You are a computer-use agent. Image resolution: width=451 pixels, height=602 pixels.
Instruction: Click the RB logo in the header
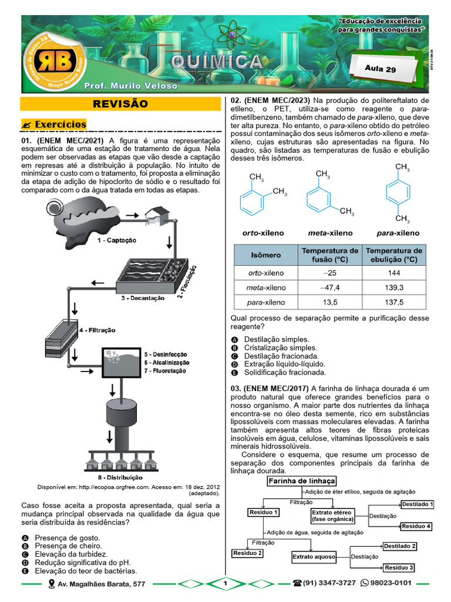coord(53,61)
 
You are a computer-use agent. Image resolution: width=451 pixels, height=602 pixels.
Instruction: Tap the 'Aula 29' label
coord(381,68)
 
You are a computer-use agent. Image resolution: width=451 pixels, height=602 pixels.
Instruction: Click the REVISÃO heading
coord(120,104)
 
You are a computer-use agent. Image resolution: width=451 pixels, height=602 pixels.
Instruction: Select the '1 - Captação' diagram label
coord(116,240)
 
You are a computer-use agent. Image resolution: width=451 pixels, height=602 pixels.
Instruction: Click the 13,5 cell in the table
coord(327,302)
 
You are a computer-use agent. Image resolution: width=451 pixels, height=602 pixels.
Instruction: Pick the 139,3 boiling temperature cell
coord(393,287)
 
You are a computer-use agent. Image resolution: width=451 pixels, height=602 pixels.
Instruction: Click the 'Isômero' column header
coord(266,255)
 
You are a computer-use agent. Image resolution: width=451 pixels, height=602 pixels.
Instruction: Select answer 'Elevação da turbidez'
coord(70,554)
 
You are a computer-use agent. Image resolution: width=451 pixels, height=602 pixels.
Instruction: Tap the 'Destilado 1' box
coord(417,504)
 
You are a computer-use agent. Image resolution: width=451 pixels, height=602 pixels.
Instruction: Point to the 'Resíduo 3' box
coord(399,567)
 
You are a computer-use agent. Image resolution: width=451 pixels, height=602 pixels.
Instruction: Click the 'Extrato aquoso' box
coord(314,556)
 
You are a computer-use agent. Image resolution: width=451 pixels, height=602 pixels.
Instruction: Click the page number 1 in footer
coord(224,583)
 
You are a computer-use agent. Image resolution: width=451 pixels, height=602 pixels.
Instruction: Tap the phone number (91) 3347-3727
coord(328,583)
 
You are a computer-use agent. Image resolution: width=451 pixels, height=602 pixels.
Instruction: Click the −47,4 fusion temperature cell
coord(327,287)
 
